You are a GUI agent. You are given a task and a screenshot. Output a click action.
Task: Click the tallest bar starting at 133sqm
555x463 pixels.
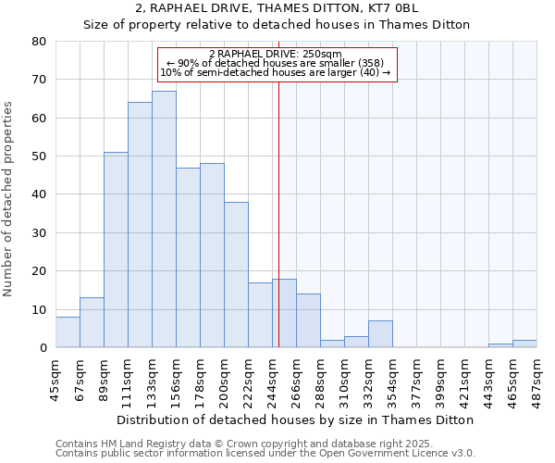coord(164,219)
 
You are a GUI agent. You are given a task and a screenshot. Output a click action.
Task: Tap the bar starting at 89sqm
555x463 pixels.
coord(116,250)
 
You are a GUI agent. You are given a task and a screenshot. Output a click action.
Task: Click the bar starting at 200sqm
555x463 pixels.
coord(236,275)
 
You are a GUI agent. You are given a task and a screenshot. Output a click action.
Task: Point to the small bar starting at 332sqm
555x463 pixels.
coord(380,334)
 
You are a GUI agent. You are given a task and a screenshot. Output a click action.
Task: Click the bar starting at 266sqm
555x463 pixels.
coord(308,320)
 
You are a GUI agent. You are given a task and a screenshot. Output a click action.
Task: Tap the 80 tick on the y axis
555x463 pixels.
coord(39,42)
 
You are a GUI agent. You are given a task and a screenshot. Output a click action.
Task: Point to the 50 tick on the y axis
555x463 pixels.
coord(39,156)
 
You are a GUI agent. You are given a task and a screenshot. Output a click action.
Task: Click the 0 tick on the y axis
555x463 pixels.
coord(43,348)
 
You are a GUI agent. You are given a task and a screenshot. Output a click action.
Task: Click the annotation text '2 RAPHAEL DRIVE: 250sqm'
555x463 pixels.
coord(276,54)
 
